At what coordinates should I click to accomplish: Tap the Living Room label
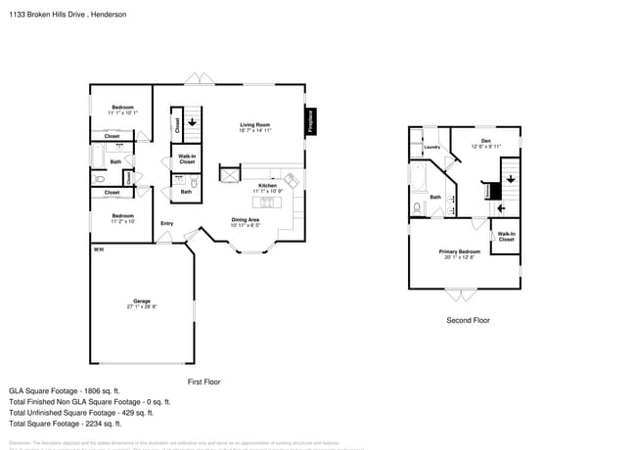click(255, 125)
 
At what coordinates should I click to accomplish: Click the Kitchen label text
click(267, 186)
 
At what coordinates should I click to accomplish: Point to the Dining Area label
click(245, 220)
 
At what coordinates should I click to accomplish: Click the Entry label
click(167, 224)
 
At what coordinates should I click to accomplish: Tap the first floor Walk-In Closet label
click(187, 158)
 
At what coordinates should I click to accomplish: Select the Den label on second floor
click(485, 142)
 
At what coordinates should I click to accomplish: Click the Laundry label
click(432, 148)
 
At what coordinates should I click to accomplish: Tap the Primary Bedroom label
click(459, 252)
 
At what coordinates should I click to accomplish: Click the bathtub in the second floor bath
click(420, 179)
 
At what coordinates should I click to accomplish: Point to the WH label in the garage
click(98, 250)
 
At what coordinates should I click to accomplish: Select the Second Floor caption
click(468, 320)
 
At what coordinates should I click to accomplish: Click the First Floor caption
click(204, 381)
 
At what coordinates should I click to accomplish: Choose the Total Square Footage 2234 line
click(65, 424)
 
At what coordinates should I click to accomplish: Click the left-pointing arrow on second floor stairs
click(502, 207)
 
